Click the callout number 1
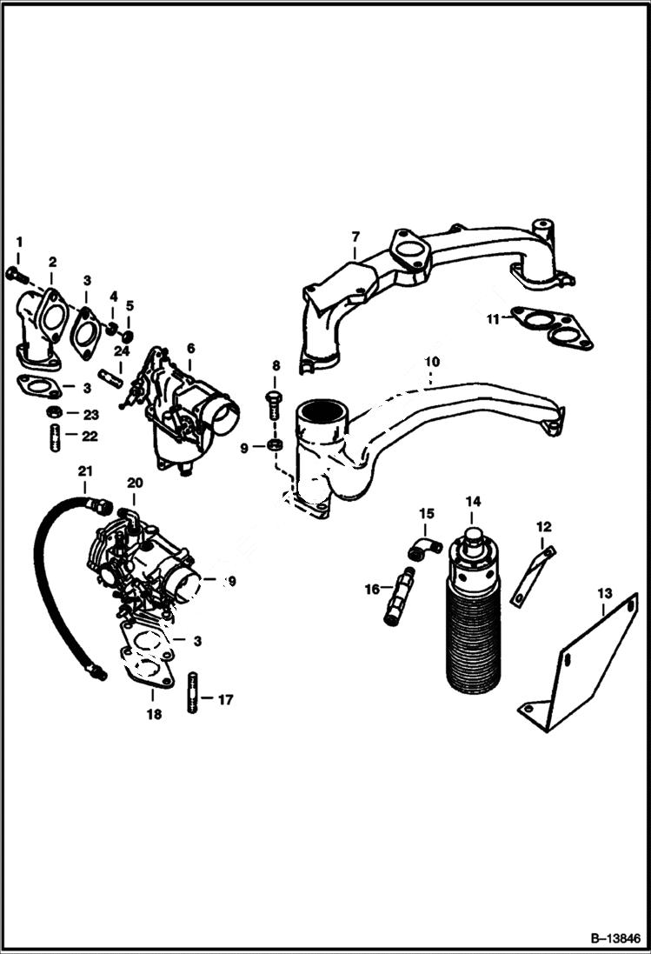click(19, 241)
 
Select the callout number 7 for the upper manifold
click(355, 237)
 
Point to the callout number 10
click(432, 361)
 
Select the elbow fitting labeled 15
click(425, 548)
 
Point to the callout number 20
click(135, 483)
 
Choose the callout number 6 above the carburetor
click(190, 348)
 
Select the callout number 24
click(121, 350)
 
